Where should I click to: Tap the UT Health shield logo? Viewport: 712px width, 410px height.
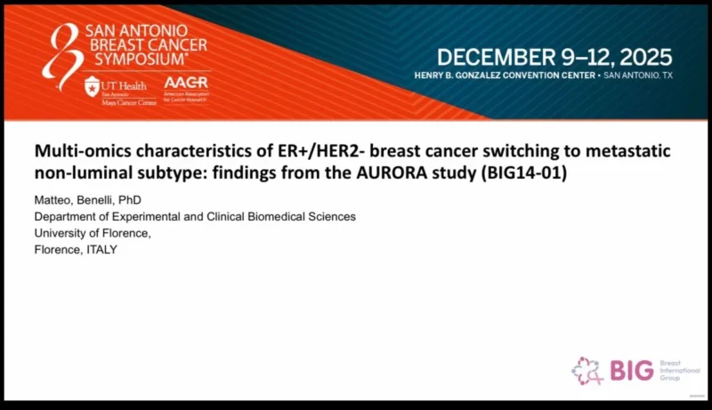click(x=92, y=86)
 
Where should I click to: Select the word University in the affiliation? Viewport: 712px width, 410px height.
click(x=61, y=233)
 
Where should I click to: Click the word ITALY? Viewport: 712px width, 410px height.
click(x=98, y=249)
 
